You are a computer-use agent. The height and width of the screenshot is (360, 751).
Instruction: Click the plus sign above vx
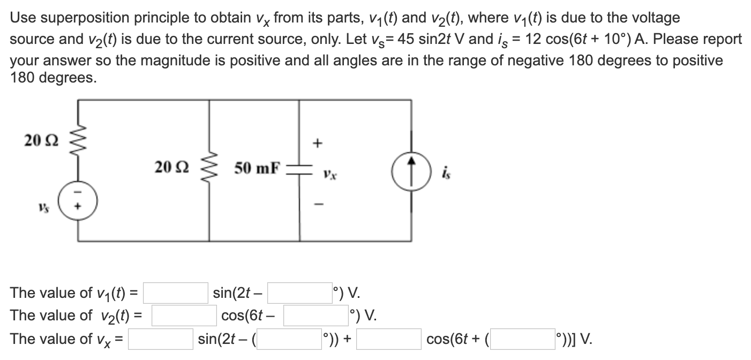pyautogui.click(x=318, y=143)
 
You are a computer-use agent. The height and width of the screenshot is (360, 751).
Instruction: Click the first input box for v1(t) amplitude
pyautogui.click(x=175, y=293)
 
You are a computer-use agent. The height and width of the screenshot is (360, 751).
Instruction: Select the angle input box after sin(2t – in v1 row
pyautogui.click(x=299, y=293)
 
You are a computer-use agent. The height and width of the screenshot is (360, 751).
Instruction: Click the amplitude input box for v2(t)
pyautogui.click(x=184, y=316)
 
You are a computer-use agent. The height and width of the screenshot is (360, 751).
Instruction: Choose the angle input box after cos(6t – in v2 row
pyautogui.click(x=316, y=316)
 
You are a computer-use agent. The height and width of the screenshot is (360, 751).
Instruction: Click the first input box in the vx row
pyautogui.click(x=160, y=339)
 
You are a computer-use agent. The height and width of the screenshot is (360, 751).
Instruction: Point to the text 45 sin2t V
pyautogui.click(x=554, y=39)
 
